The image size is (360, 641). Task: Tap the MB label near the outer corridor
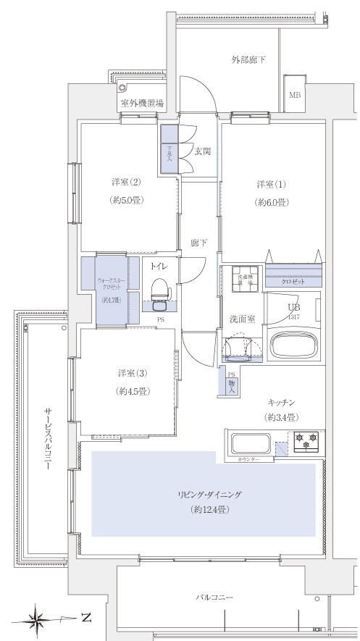[x=296, y=95]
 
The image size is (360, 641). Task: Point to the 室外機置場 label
[x=142, y=104]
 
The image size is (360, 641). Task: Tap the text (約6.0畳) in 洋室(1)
[x=272, y=203]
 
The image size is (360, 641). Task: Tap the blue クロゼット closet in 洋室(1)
[x=293, y=277]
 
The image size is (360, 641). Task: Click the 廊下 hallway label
[x=199, y=243]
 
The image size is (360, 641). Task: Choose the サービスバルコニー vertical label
[x=46, y=441]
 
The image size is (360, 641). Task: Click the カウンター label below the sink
[x=246, y=459]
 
